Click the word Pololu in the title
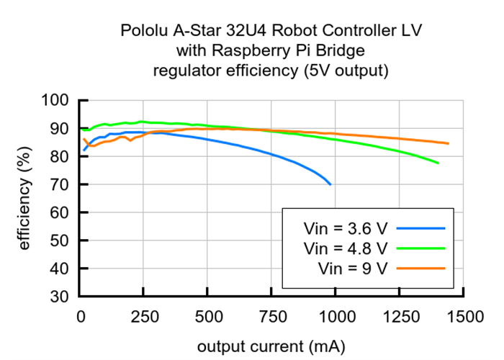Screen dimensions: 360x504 click(144, 32)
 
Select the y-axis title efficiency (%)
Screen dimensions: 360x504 click(24, 197)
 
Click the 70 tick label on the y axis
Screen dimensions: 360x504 click(63, 185)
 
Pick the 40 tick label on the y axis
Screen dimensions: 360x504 click(63, 269)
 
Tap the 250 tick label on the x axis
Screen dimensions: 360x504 click(144, 316)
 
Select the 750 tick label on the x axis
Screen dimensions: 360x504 click(271, 316)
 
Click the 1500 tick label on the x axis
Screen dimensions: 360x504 click(464, 316)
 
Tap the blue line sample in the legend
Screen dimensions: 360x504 click(420, 228)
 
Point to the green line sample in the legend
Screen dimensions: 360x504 click(420, 248)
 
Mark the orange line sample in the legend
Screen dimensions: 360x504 click(420, 269)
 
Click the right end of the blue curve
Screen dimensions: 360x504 click(330, 184)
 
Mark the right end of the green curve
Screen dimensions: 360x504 click(438, 163)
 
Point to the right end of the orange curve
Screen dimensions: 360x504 click(448, 143)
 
